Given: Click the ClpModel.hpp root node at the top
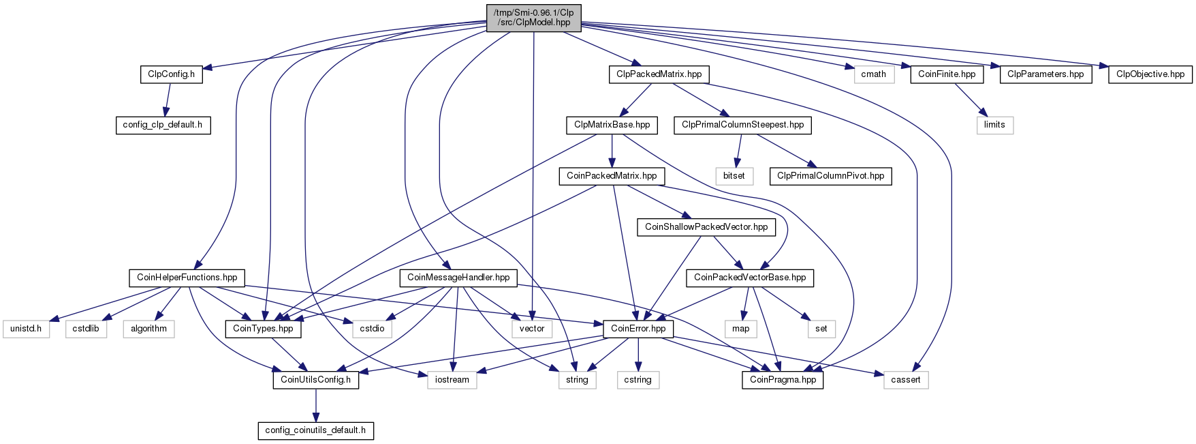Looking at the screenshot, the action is [x=533, y=17].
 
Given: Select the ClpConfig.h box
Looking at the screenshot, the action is [x=172, y=74].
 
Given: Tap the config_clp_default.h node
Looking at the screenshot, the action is [x=163, y=125].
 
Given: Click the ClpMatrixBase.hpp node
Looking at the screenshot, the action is [x=612, y=125].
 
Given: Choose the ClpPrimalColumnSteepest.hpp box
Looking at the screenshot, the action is [x=743, y=125].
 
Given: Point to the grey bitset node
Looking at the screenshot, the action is [x=734, y=176].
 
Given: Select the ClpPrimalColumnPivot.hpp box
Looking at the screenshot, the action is [x=831, y=176].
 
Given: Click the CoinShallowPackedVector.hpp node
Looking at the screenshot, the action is [x=706, y=227].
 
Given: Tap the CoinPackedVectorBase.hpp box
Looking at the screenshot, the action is [x=750, y=278].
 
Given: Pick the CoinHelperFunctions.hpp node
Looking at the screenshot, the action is [x=187, y=278].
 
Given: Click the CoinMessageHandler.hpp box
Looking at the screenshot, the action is [x=458, y=278].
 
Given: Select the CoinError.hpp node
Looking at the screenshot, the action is [x=639, y=329].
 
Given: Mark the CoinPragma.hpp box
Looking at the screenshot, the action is [x=783, y=380].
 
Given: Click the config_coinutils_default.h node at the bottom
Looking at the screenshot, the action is [x=315, y=430].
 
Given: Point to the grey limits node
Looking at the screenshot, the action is [x=994, y=125].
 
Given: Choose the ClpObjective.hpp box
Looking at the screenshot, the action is [x=1150, y=74].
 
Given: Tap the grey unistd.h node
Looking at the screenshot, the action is [x=26, y=329].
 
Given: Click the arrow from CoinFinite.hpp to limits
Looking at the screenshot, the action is [x=969, y=100].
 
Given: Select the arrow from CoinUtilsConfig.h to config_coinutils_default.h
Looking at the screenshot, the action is [x=315, y=405].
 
